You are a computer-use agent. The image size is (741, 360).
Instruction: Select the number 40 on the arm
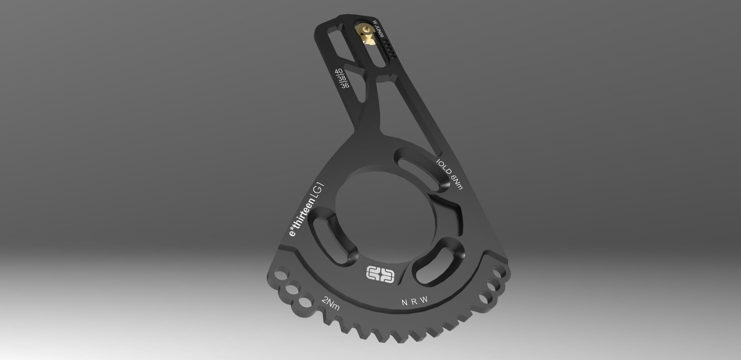tap(338, 72)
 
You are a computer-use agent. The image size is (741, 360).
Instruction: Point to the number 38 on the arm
tap(342, 79)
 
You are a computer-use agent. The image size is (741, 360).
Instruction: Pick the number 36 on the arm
tap(345, 86)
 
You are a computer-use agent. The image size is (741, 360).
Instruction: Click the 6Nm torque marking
tap(457, 182)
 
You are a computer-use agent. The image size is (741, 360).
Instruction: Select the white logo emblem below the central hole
tap(381, 274)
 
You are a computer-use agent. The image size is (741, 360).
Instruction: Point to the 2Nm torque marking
tap(330, 303)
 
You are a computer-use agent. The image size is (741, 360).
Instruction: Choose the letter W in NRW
tap(424, 300)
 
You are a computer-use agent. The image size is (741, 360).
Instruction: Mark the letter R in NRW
tap(414, 302)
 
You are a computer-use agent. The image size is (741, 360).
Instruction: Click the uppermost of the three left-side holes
tap(281, 276)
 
